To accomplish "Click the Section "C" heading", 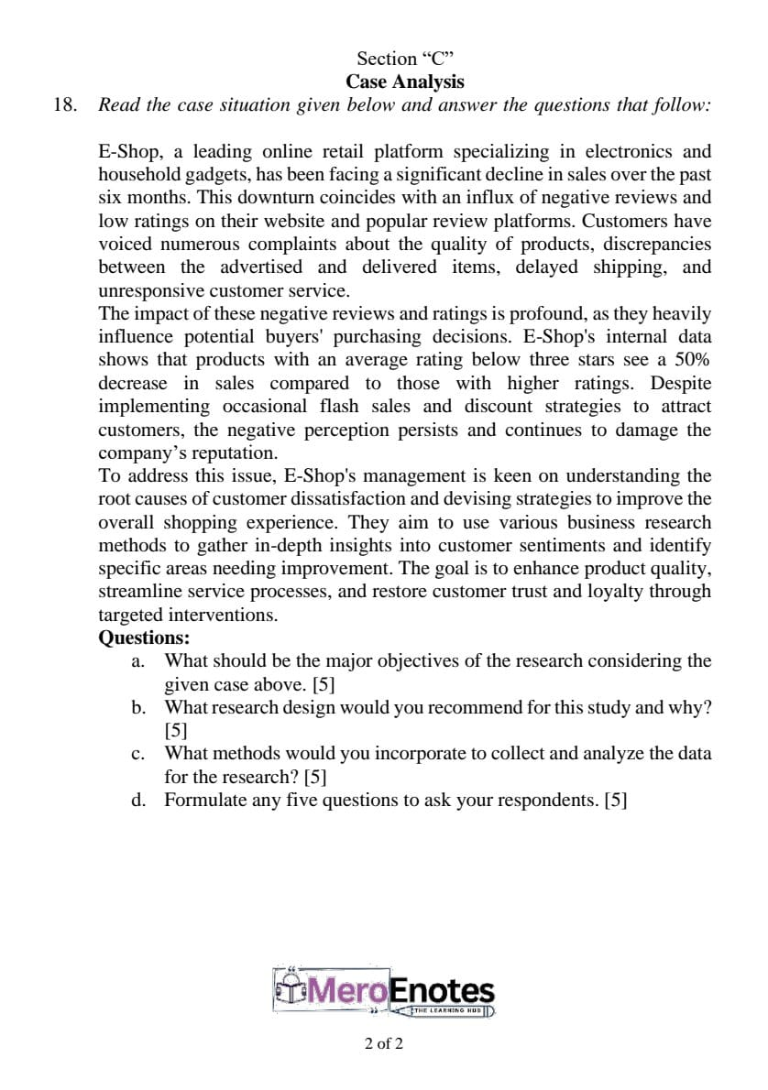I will (405, 59).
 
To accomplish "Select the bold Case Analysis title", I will (405, 82).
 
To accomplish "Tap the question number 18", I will (65, 104).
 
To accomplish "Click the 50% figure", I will (692, 360).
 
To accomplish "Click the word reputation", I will (235, 452).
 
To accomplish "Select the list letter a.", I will (136, 660).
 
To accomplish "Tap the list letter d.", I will (136, 800).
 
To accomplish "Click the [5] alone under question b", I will (176, 731).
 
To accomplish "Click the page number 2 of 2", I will (383, 1043).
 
